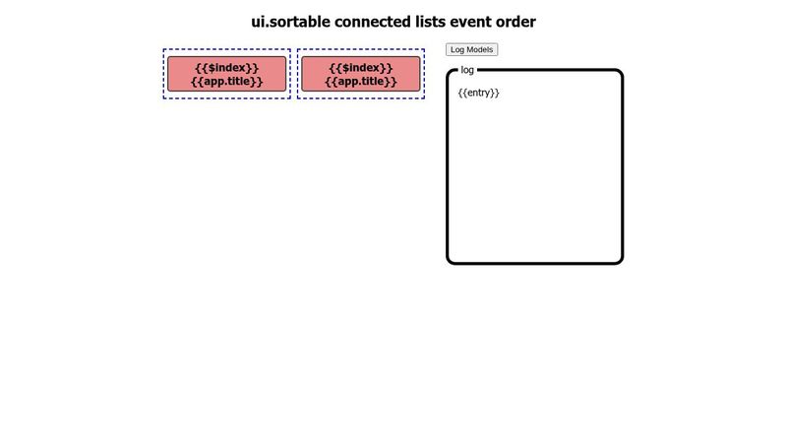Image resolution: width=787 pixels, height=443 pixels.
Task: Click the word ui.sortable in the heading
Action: click(291, 22)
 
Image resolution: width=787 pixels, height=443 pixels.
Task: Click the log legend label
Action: click(467, 70)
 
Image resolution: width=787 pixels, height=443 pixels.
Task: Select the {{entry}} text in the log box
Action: click(478, 93)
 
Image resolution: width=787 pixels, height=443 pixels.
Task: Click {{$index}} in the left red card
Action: click(227, 68)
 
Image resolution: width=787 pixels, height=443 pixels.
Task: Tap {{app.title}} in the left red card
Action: click(227, 82)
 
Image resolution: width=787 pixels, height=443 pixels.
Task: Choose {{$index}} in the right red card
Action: click(361, 68)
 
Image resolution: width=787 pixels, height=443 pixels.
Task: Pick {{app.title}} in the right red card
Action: click(361, 82)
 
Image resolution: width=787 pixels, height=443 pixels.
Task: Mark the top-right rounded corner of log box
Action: click(620, 73)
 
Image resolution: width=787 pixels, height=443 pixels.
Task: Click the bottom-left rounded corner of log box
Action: click(451, 260)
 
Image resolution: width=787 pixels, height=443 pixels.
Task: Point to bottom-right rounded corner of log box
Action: click(620, 260)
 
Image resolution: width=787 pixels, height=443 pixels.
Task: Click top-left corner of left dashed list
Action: click(164, 50)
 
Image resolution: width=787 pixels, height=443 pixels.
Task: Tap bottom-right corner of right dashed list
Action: click(424, 98)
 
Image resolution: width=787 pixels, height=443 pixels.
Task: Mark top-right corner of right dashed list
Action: click(424, 50)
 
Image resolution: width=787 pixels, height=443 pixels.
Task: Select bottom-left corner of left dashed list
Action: click(164, 98)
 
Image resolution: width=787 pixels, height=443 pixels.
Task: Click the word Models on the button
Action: click(480, 49)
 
